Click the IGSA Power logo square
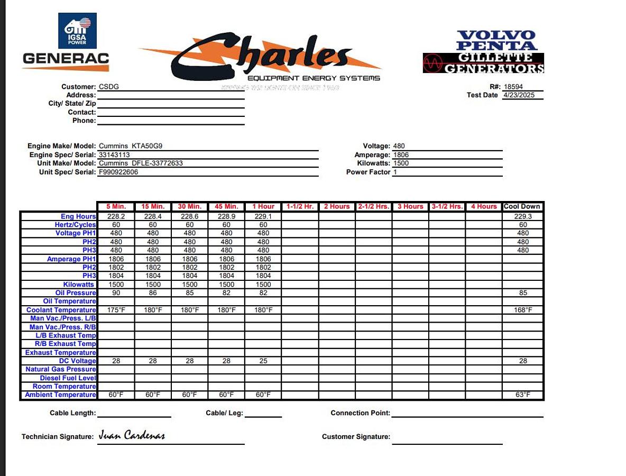[77, 31]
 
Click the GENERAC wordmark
[66, 59]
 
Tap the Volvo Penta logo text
[496, 41]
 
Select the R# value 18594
[513, 87]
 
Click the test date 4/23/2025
[519, 95]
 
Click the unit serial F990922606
[118, 172]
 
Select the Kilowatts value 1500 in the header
[401, 163]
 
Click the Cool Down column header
[522, 206]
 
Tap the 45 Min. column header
[226, 206]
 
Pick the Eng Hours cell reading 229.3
[523, 216]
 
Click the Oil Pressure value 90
[116, 293]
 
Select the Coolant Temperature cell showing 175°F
[116, 310]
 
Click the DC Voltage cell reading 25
[263, 361]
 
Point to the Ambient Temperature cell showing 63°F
[523, 395]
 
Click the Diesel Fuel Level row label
[68, 378]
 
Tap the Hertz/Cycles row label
[76, 225]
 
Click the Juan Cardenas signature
[132, 436]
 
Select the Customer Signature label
[356, 437]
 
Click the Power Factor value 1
[395, 172]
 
